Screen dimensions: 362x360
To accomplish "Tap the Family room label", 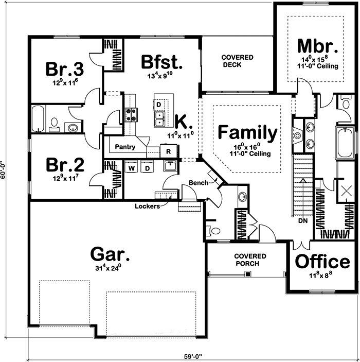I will pyautogui.click(x=247, y=133).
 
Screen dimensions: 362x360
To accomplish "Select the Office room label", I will pyautogui.click(x=322, y=261).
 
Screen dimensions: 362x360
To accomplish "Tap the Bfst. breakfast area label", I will pyautogui.click(x=162, y=62).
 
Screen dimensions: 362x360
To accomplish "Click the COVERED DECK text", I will pyautogui.click(x=237, y=61).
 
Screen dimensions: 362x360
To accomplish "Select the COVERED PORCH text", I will pyautogui.click(x=249, y=260).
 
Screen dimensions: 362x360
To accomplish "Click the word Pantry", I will pyautogui.click(x=125, y=147).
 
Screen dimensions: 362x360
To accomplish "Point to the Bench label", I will pyautogui.click(x=197, y=183).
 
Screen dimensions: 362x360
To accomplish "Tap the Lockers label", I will pyautogui.click(x=147, y=206).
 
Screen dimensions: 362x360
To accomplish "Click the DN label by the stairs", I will pyautogui.click(x=302, y=221).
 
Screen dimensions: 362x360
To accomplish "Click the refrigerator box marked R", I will pyautogui.click(x=168, y=151).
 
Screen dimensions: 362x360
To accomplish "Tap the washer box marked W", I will pyautogui.click(x=132, y=168).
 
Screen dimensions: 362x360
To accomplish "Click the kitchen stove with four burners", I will pyautogui.click(x=130, y=114).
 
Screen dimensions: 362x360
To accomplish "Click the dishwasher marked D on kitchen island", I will pyautogui.click(x=159, y=105).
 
